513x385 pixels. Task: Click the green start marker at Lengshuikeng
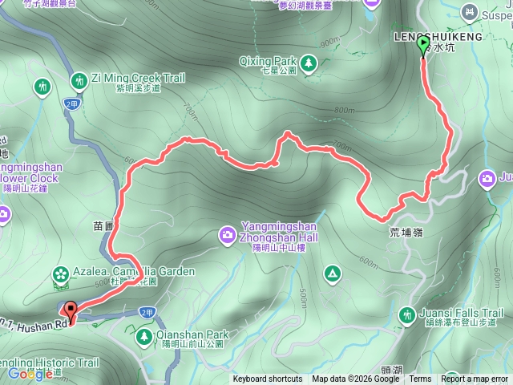(x=423, y=47)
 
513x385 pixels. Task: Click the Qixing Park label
(x=268, y=60)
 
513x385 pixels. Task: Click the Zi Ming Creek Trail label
(x=138, y=78)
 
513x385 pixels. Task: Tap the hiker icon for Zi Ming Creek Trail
(x=79, y=79)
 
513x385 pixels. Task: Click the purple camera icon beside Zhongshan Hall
(x=228, y=234)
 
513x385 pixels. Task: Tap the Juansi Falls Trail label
(x=460, y=313)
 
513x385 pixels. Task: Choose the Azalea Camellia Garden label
(x=131, y=272)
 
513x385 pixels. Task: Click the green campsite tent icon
(x=331, y=274)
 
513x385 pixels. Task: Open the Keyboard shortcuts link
(x=268, y=379)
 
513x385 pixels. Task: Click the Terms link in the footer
(x=420, y=379)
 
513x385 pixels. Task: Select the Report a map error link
(x=474, y=379)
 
